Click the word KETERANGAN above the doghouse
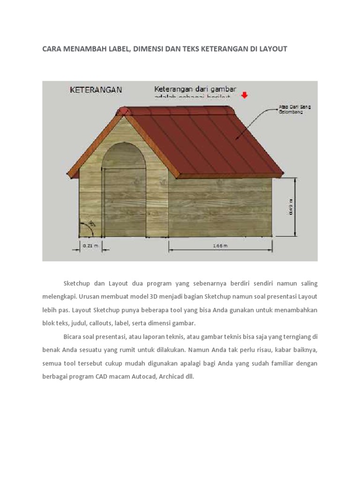pos(96,89)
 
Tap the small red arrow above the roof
pos(244,95)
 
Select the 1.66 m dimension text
pos(220,245)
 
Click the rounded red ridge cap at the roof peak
pos(123,111)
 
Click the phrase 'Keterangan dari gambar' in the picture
pos(195,88)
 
